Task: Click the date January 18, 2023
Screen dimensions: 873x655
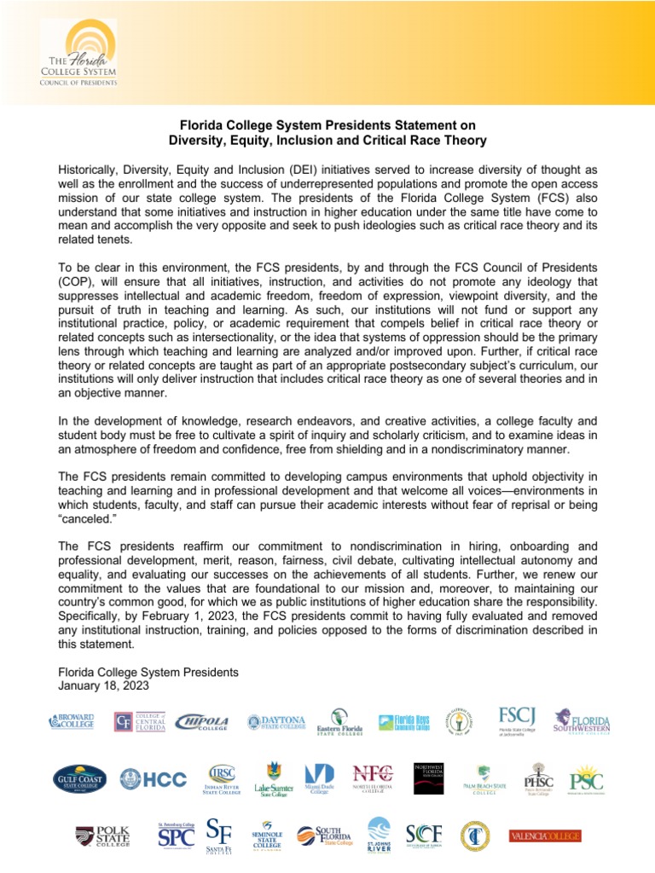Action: click(100, 685)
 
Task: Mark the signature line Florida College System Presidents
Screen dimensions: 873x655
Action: click(148, 672)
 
